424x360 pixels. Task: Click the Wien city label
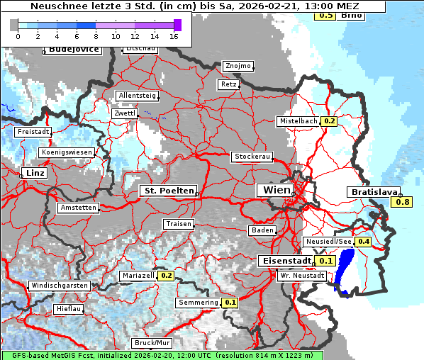277,190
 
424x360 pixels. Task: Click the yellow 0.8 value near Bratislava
402,203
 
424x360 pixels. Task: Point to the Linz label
34,173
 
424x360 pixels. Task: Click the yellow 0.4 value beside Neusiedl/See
364,242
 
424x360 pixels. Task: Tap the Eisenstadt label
284,261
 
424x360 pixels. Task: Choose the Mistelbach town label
299,121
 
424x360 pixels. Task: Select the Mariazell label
138,275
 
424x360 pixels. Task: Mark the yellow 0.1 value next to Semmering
230,303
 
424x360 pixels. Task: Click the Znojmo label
238,66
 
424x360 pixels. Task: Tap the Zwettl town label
125,113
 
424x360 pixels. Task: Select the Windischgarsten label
60,286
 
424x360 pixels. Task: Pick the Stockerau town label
252,157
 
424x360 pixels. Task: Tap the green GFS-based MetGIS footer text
162,355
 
